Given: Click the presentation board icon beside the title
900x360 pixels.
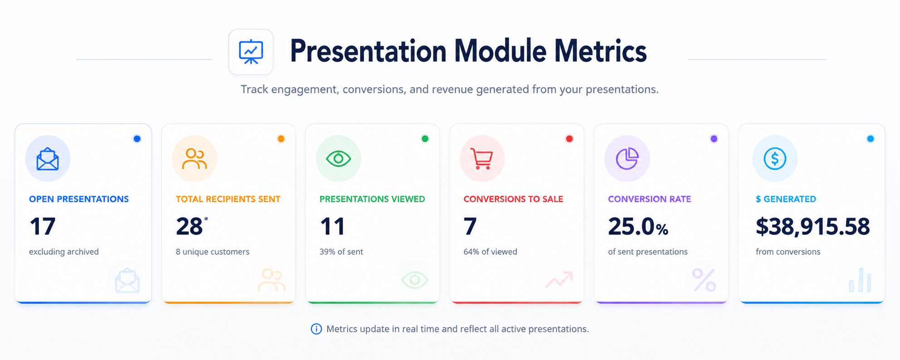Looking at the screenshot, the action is pos(251,52).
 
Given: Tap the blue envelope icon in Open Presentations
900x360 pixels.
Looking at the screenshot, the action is pos(48,159).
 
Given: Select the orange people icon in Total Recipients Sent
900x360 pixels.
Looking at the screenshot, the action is pos(194,159).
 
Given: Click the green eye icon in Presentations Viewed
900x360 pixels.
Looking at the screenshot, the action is pos(339,159).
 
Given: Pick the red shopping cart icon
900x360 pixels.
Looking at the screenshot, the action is pos(482,159).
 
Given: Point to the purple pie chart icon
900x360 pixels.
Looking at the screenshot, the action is pos(627,159).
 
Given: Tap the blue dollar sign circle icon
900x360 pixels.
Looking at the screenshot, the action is pos(775,159).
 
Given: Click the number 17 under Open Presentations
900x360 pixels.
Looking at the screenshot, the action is pos(43,227).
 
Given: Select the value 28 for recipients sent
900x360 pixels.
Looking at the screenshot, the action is pos(189,227).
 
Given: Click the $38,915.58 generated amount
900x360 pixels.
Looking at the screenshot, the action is pos(812,227).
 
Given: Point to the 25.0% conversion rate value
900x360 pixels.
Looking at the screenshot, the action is pos(638,227).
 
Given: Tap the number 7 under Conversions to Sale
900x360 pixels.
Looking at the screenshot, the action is pos(470,227).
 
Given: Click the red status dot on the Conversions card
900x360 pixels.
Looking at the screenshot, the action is pos(569,139).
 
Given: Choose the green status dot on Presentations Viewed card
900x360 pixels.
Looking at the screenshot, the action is pos(425,139).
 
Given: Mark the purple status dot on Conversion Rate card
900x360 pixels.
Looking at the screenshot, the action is pos(714,139).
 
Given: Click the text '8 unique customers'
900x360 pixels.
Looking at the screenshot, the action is pos(212,252).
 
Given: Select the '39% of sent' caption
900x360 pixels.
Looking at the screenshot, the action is pos(341,252).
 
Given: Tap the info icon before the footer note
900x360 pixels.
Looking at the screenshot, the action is pos(316,329).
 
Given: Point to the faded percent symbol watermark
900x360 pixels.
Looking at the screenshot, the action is pos(704,280).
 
